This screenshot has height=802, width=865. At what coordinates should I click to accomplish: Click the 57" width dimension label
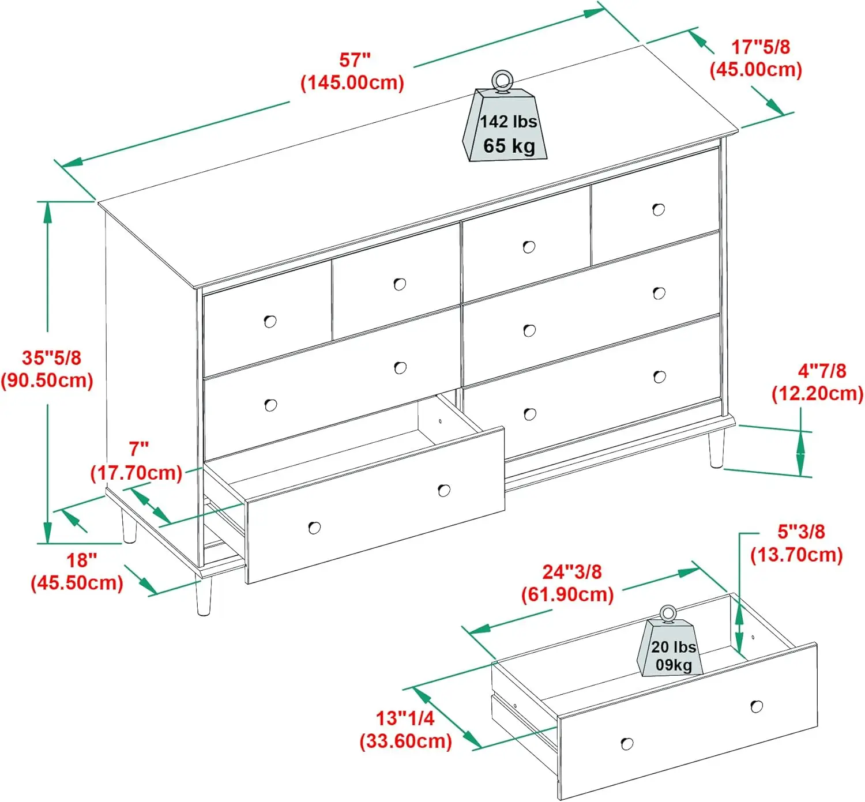tap(354, 60)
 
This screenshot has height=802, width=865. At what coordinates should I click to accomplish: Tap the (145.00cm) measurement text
tap(352, 82)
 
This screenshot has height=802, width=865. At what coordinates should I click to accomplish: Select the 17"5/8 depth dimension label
tap(760, 47)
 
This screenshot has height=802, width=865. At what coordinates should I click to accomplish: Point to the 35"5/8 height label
tap(51, 357)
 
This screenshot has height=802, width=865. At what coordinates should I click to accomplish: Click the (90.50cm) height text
tap(47, 381)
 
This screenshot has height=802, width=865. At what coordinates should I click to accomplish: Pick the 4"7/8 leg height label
tap(821, 370)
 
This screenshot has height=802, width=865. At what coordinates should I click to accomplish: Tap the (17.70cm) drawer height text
tap(136, 473)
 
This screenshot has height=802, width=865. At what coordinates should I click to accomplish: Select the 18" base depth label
tap(81, 560)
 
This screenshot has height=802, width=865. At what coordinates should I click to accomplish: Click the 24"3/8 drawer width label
tap(571, 571)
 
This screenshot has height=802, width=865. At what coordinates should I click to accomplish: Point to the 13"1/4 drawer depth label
tap(405, 718)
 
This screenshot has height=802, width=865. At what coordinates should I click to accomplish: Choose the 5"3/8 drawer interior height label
tap(800, 531)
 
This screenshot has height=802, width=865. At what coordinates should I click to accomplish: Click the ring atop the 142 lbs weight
tap(501, 80)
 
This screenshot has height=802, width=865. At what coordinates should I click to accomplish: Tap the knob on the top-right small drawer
tap(658, 209)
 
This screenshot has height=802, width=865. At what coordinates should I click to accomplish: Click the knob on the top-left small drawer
tap(270, 321)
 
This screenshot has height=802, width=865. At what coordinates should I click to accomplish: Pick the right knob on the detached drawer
tap(757, 706)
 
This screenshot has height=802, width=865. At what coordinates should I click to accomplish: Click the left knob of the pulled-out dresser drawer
tap(314, 528)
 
